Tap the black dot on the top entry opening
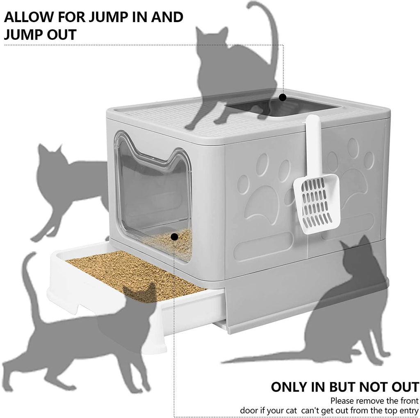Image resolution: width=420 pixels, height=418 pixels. [282, 97]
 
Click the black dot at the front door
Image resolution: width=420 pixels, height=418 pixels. [174, 237]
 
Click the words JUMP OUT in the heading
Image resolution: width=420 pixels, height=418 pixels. [40, 34]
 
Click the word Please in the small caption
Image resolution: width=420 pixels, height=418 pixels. [344, 401]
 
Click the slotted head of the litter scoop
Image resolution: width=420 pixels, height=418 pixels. [317, 202]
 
